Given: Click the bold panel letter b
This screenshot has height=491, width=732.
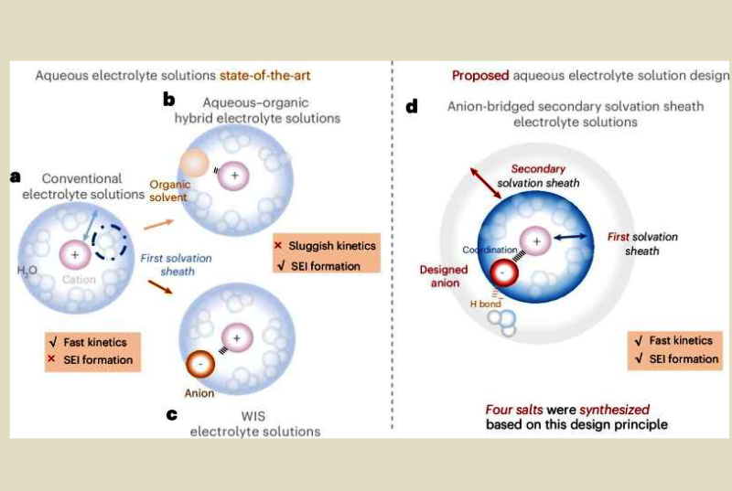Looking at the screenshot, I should pyautogui.click(x=168, y=97).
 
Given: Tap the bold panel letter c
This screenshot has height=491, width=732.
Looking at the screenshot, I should pyautogui.click(x=171, y=414).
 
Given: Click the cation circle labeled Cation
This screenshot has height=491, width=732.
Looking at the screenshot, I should pyautogui.click(x=73, y=253).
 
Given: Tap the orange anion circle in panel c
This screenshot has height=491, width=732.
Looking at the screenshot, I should pyautogui.click(x=199, y=364).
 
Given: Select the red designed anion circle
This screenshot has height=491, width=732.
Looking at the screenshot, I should pyautogui.click(x=505, y=271).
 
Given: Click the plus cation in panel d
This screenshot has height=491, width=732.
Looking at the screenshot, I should pyautogui.click(x=537, y=241).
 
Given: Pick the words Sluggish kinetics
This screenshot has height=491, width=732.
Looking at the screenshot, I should pyautogui.click(x=331, y=246).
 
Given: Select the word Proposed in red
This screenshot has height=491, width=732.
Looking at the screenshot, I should pyautogui.click(x=483, y=76).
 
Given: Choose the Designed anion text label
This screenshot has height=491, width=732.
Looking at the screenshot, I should pyautogui.click(x=444, y=276).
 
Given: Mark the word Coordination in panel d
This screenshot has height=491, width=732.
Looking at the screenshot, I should pyautogui.click(x=488, y=249).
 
